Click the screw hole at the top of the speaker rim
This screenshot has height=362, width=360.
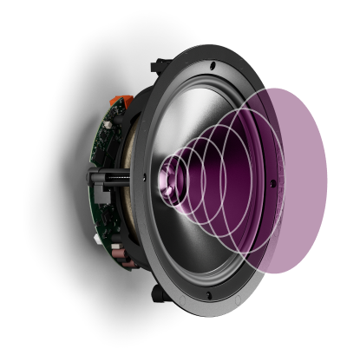click(x=212, y=65)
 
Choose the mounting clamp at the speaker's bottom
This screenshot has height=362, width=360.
click(x=158, y=293)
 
